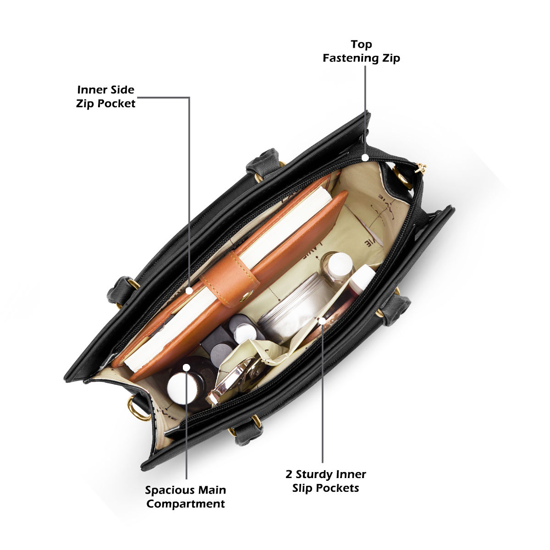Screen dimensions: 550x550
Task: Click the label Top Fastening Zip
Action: (361, 51)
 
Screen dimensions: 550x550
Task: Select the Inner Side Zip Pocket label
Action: (105, 97)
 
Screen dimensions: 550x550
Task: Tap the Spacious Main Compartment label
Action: (186, 497)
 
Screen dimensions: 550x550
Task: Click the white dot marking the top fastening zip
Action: (365, 157)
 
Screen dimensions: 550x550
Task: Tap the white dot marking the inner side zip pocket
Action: (189, 291)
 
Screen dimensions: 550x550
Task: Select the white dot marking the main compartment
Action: (187, 367)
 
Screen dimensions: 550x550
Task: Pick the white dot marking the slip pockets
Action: (322, 320)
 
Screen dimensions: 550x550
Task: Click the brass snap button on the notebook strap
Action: (246, 296)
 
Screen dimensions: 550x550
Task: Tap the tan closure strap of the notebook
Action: (230, 280)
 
